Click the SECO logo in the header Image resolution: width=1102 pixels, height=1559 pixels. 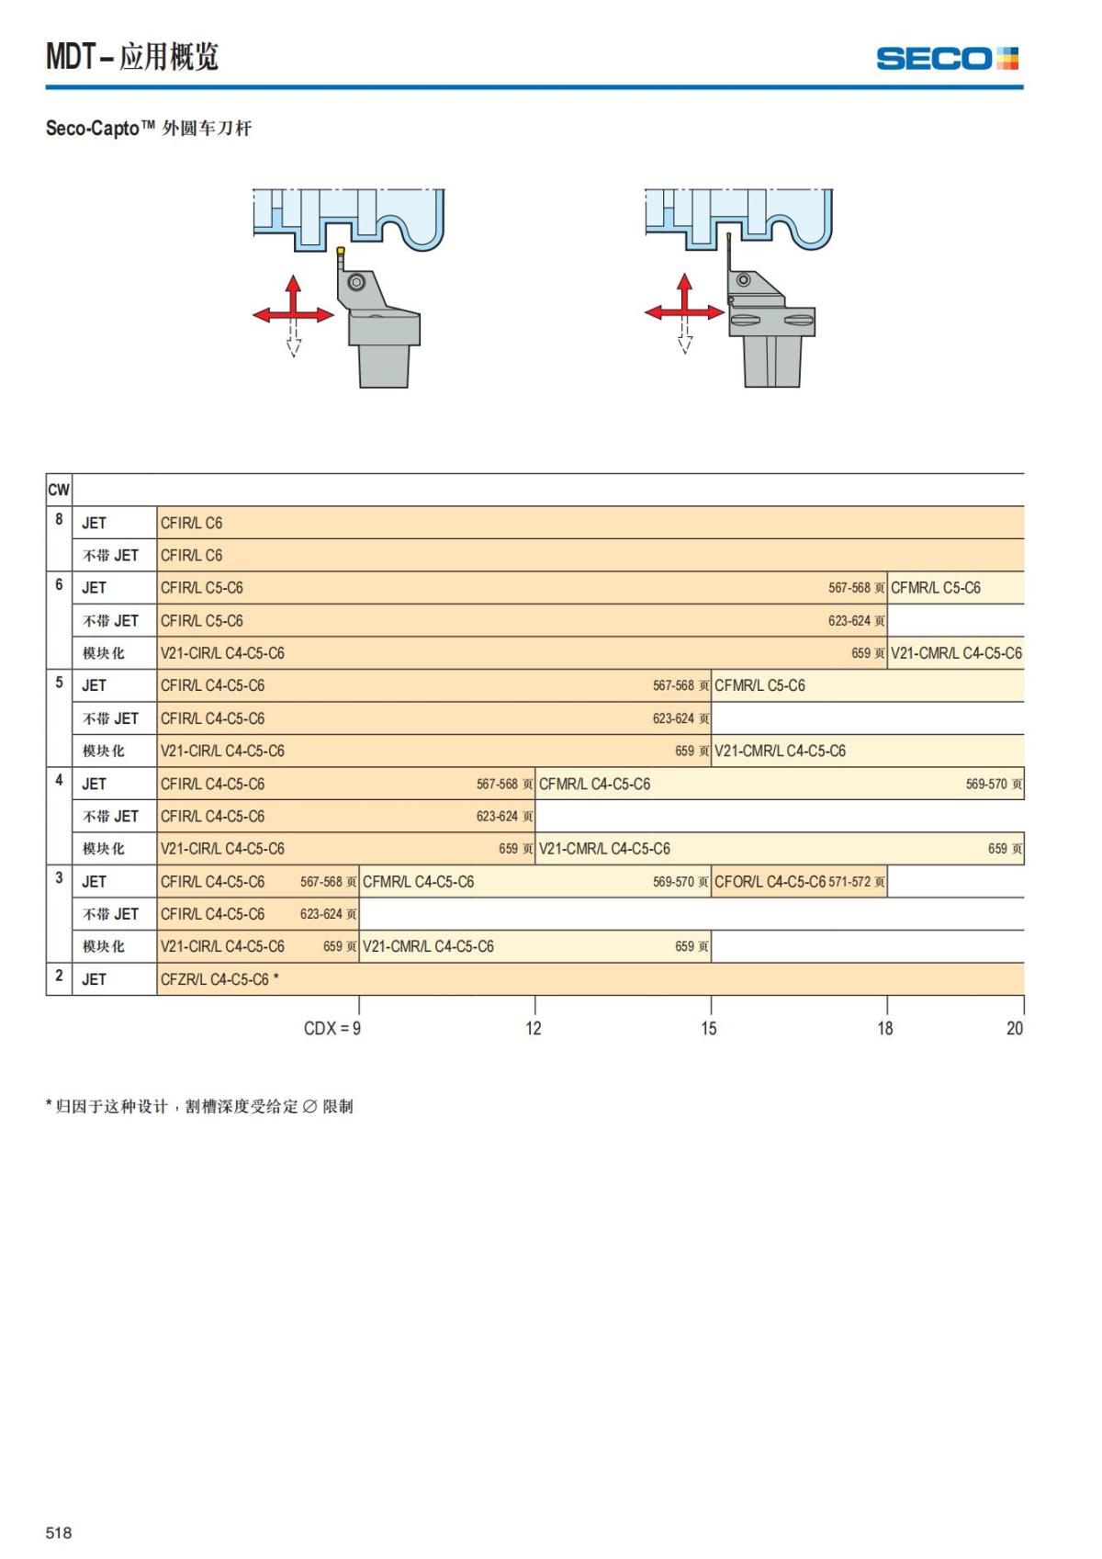coord(947,59)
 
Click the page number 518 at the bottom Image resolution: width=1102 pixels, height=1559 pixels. coord(59,1532)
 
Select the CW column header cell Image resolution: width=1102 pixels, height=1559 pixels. coord(59,490)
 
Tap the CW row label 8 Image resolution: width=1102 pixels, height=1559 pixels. coord(59,520)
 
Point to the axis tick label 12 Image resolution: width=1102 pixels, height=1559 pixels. coord(534,1028)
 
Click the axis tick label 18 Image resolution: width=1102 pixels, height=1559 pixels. coord(884,1028)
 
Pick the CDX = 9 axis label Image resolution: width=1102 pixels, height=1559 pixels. coord(332,1028)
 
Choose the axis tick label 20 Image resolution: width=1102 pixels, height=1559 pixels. coord(1014,1028)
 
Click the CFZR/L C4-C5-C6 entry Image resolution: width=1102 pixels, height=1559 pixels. coord(215,979)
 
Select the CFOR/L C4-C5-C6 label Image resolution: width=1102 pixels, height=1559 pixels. coord(770,882)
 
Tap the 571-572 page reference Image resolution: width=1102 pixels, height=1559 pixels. coord(850,882)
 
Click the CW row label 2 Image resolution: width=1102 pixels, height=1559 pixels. coord(59,976)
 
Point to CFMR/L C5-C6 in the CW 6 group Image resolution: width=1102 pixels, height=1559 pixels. coord(935,588)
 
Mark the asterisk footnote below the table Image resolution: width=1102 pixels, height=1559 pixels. coord(199,1106)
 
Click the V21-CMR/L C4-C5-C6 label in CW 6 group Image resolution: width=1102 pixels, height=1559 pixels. coord(955,653)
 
